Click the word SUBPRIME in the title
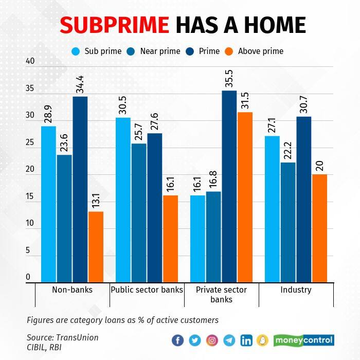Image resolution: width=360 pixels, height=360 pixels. click(115, 25)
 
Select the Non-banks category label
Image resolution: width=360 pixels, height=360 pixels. click(72, 290)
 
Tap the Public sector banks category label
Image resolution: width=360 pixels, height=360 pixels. click(147, 290)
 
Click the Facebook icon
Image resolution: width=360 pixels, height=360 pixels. click(178, 340)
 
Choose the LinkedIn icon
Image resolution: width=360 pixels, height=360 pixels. click(246, 340)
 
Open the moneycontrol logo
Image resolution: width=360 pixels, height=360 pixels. click(303, 340)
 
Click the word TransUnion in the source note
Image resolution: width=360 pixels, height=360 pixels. click(77, 337)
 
